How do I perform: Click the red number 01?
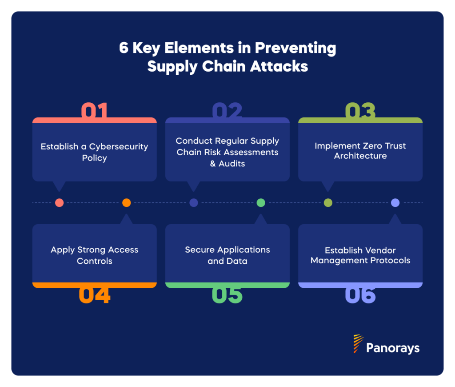pyautogui.click(x=94, y=111)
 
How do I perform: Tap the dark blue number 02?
pyautogui.click(x=227, y=111)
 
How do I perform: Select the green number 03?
pyautogui.click(x=360, y=111)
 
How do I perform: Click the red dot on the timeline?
pyautogui.click(x=59, y=203)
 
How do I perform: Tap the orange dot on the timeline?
pyautogui.click(x=127, y=203)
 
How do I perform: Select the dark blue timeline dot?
pyautogui.click(x=194, y=203)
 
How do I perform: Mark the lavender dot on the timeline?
pyautogui.click(x=395, y=203)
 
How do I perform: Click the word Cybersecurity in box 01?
pyautogui.click(x=119, y=146)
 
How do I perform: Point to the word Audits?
pyautogui.click(x=232, y=164)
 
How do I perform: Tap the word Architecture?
pyautogui.click(x=360, y=156)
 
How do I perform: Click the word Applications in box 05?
pyautogui.click(x=243, y=250)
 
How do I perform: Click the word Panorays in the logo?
pyautogui.click(x=393, y=348)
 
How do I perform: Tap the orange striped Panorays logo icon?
pyautogui.click(x=358, y=344)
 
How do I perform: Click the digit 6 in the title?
pyautogui.click(x=124, y=48)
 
